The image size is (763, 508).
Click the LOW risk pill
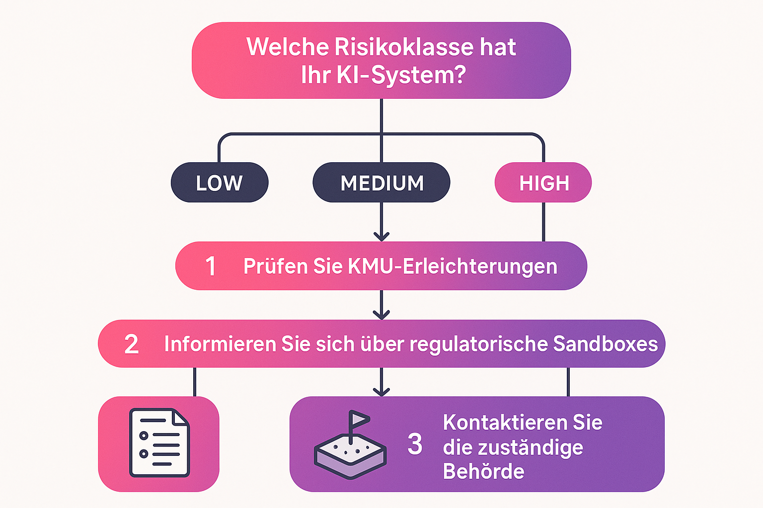pos(219,183)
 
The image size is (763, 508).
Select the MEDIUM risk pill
pos(381,183)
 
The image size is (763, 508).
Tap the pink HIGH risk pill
pos(543,183)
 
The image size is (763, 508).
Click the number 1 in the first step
pos(211,266)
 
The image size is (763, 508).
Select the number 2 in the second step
pos(131,344)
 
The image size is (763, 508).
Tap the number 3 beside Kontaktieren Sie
pos(415,444)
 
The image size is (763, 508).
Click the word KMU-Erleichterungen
pos(453,266)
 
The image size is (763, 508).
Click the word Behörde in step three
pos(483,471)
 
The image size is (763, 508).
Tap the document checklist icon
pos(159,443)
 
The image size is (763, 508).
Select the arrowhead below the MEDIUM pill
pos(381,236)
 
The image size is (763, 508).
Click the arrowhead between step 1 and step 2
pos(381,314)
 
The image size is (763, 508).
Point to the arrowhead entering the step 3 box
pos(381,391)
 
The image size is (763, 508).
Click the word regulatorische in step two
pos(478,344)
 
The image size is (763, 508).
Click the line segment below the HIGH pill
pos(543,222)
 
